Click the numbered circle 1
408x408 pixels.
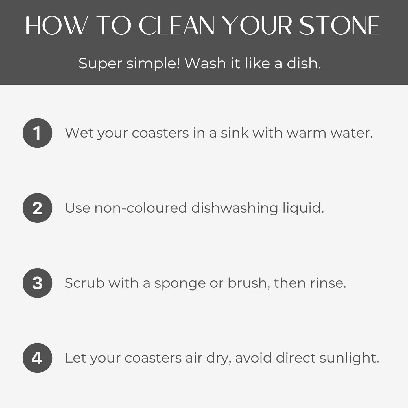pyautogui.click(x=37, y=133)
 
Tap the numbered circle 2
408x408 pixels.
pyautogui.click(x=37, y=208)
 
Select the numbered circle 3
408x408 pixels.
pyautogui.click(x=37, y=283)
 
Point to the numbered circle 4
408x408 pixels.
pyautogui.click(x=37, y=358)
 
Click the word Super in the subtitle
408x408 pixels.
pyautogui.click(x=100, y=64)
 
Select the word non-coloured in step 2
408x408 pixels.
pyautogui.click(x=141, y=208)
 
